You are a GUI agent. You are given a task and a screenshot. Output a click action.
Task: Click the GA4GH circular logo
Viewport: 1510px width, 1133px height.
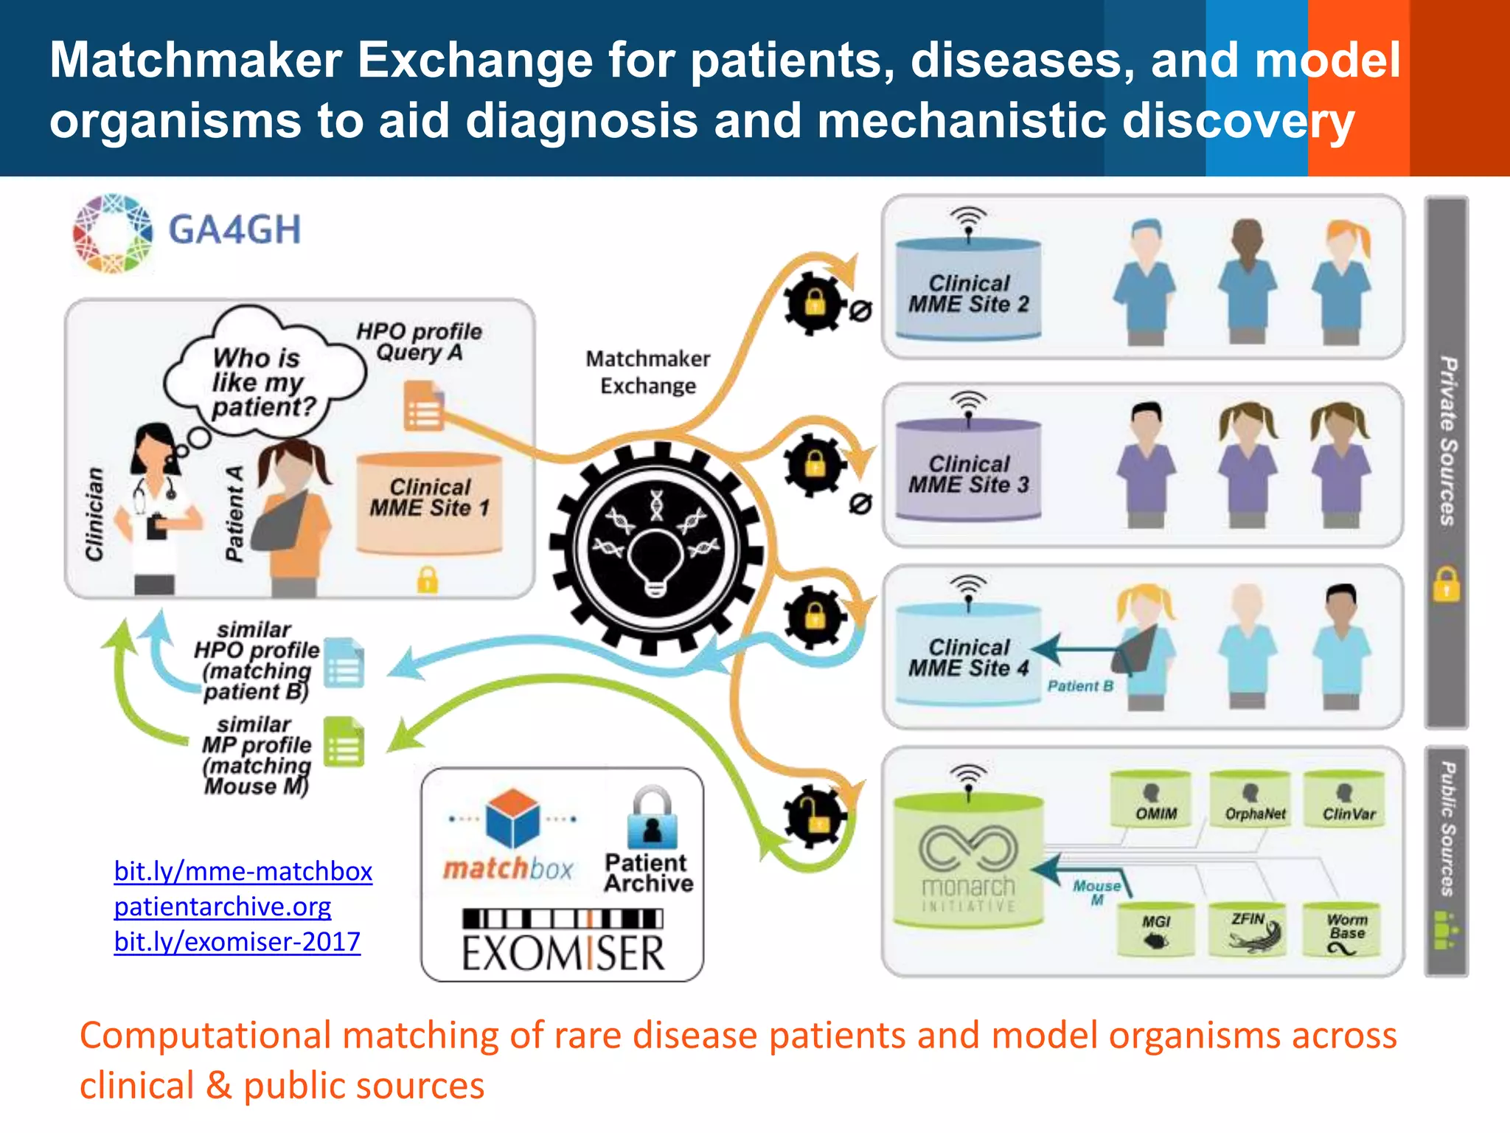[113, 233]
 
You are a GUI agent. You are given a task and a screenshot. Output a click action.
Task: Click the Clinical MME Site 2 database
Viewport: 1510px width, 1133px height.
[968, 290]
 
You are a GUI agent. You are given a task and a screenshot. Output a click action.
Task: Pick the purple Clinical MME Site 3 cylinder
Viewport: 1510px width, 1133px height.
[968, 471]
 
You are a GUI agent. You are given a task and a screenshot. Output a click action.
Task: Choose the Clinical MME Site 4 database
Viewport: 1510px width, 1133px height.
[968, 654]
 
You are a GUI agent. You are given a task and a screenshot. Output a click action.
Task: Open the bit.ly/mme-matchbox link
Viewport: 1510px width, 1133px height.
[243, 871]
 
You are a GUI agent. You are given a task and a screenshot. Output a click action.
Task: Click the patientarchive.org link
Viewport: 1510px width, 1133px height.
[223, 907]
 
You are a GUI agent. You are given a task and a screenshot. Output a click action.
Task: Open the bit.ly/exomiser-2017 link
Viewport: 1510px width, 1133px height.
[237, 942]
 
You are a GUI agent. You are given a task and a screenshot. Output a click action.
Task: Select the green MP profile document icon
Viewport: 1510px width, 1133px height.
[344, 742]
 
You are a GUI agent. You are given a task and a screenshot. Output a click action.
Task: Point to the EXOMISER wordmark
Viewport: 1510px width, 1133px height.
[563, 952]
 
